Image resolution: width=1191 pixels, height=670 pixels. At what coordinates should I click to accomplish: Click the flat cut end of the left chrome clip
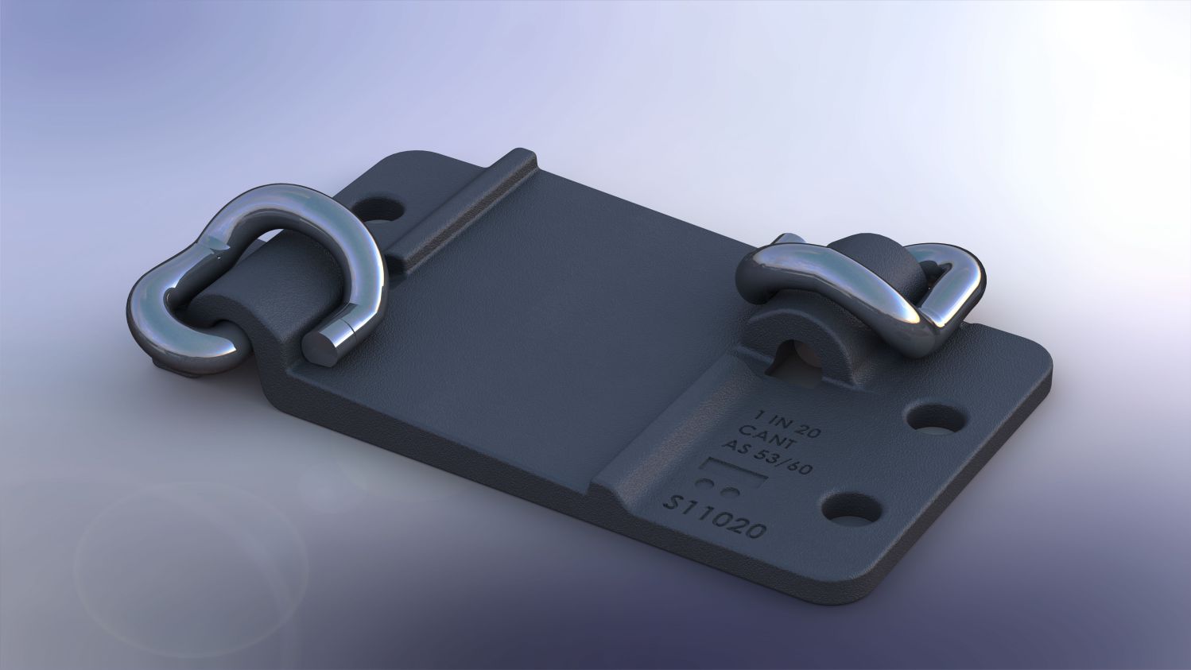tap(320, 347)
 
